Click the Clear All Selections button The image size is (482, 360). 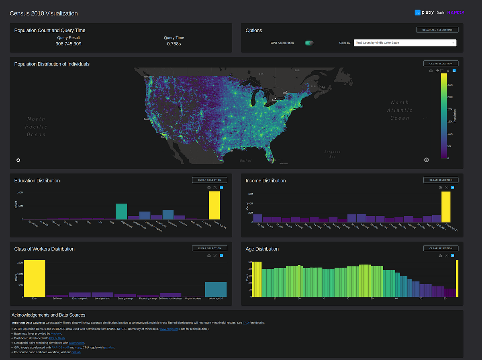pyautogui.click(x=437, y=30)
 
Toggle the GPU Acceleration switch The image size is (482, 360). pyautogui.click(x=309, y=43)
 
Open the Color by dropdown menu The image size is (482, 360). pyautogui.click(x=405, y=43)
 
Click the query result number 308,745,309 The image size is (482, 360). pyautogui.click(x=68, y=44)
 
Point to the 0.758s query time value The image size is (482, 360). pyautogui.click(x=174, y=44)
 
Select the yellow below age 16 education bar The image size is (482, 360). pyautogui.click(x=214, y=205)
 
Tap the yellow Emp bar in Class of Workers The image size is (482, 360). pyautogui.click(x=35, y=278)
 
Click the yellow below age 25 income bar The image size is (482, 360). pyautogui.click(x=445, y=207)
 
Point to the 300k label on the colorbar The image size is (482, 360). pyautogui.click(x=450, y=85)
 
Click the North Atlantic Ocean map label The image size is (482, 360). pyautogui.click(x=400, y=110)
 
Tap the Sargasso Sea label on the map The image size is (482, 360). pyautogui.click(x=332, y=154)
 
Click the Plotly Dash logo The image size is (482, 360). pyautogui.click(x=429, y=12)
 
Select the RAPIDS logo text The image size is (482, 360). pyautogui.click(x=455, y=12)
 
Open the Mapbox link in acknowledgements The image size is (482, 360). pyautogui.click(x=56, y=334)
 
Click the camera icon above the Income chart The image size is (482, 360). pyautogui.click(x=440, y=187)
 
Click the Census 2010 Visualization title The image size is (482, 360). pyautogui.click(x=44, y=13)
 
